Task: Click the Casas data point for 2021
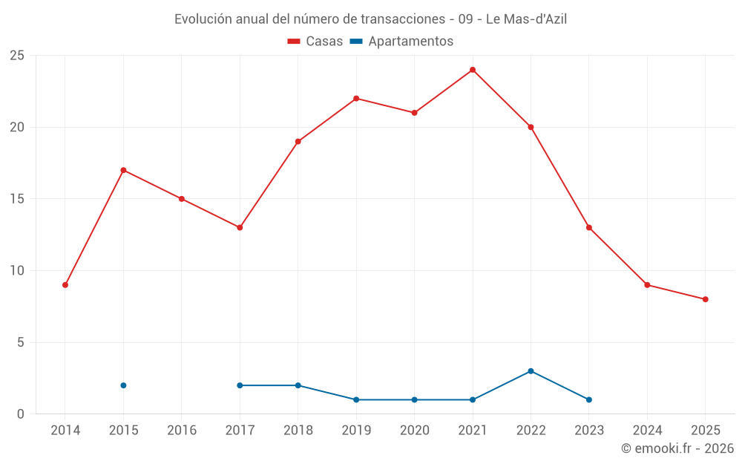click(x=473, y=70)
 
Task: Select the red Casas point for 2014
click(x=65, y=285)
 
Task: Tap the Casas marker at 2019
click(x=356, y=98)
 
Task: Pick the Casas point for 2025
click(x=706, y=299)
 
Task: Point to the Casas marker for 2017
click(x=240, y=227)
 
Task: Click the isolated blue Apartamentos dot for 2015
click(x=123, y=385)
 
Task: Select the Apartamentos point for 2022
click(x=531, y=371)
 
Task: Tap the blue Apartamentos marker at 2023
click(x=589, y=399)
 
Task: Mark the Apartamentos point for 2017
click(x=240, y=385)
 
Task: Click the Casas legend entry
click(x=315, y=42)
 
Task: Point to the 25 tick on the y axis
click(x=17, y=56)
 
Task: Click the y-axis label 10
click(x=17, y=271)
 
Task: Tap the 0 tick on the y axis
click(x=21, y=414)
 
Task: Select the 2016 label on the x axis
click(x=182, y=431)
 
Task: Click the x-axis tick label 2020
click(x=415, y=431)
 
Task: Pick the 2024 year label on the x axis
click(x=647, y=431)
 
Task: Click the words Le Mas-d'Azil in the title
click(x=526, y=19)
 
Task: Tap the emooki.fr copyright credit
click(x=677, y=448)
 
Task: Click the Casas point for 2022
click(x=531, y=127)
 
